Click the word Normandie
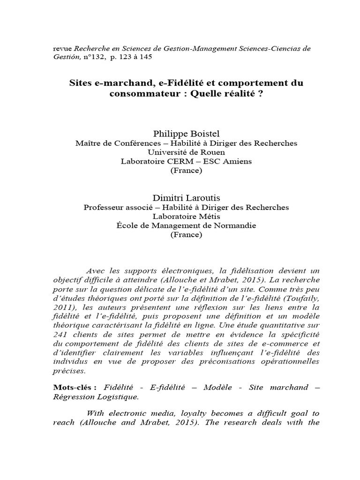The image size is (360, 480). (233, 225)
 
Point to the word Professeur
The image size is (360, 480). (103, 207)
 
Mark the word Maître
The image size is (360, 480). (88, 143)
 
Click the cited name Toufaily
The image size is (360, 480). (298, 298)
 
